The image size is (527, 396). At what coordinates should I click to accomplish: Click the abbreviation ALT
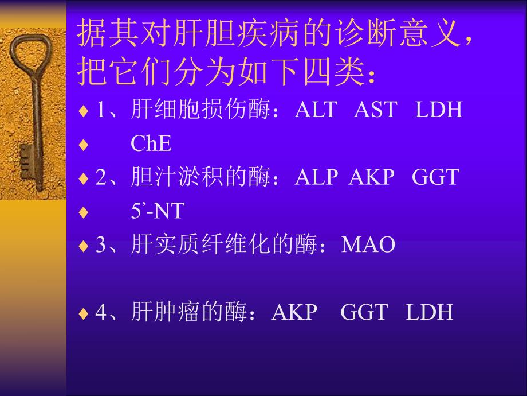(x=316, y=110)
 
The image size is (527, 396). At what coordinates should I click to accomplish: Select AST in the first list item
(x=375, y=110)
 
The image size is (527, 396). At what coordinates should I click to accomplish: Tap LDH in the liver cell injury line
(x=438, y=110)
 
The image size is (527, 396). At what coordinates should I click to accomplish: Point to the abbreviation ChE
(x=151, y=143)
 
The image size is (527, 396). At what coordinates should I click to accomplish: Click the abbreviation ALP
(x=316, y=177)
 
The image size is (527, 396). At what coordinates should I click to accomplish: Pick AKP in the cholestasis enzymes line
(x=372, y=177)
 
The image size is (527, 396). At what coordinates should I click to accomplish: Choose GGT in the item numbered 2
(x=435, y=177)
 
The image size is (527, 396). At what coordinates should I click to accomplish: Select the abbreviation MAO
(x=368, y=245)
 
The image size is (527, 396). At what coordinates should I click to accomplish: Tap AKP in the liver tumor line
(x=294, y=313)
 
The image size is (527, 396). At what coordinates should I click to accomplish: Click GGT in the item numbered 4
(x=364, y=313)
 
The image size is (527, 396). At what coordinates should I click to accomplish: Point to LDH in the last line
(x=430, y=313)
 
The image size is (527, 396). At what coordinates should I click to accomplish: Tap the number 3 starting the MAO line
(x=101, y=245)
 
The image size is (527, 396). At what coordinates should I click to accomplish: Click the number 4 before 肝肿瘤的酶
(x=101, y=313)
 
